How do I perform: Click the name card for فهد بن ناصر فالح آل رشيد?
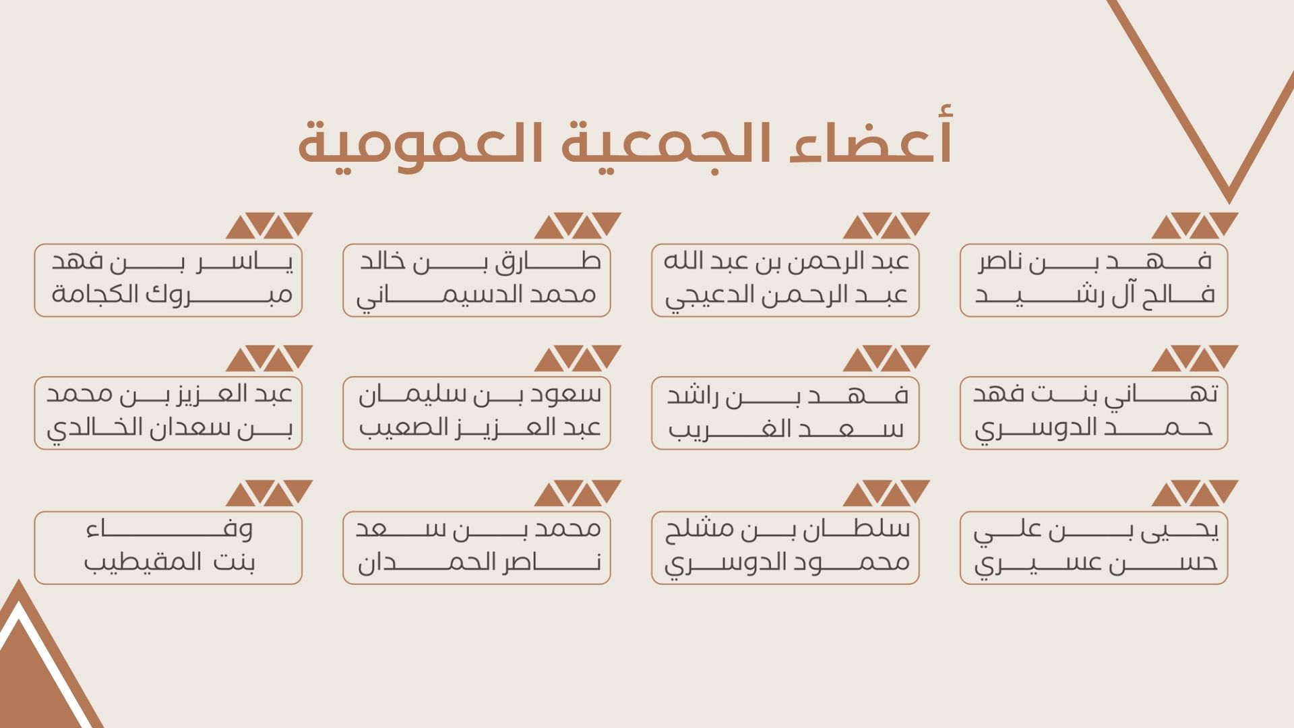click(x=1094, y=280)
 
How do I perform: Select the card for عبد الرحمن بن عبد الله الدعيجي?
click(x=785, y=280)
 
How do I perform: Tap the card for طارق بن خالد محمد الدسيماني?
click(x=476, y=280)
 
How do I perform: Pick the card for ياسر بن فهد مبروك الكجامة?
click(x=168, y=280)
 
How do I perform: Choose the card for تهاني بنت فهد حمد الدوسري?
click(x=1094, y=413)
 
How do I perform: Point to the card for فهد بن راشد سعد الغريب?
click(x=785, y=413)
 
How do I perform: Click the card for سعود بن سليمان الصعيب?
click(x=476, y=413)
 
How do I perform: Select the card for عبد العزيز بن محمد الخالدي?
click(x=168, y=413)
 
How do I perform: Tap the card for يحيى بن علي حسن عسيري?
click(x=1094, y=548)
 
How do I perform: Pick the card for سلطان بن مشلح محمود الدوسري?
click(x=785, y=548)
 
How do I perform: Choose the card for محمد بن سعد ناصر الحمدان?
click(x=476, y=548)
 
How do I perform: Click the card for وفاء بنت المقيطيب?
click(x=168, y=548)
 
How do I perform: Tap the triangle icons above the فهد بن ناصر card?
click(x=1195, y=225)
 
